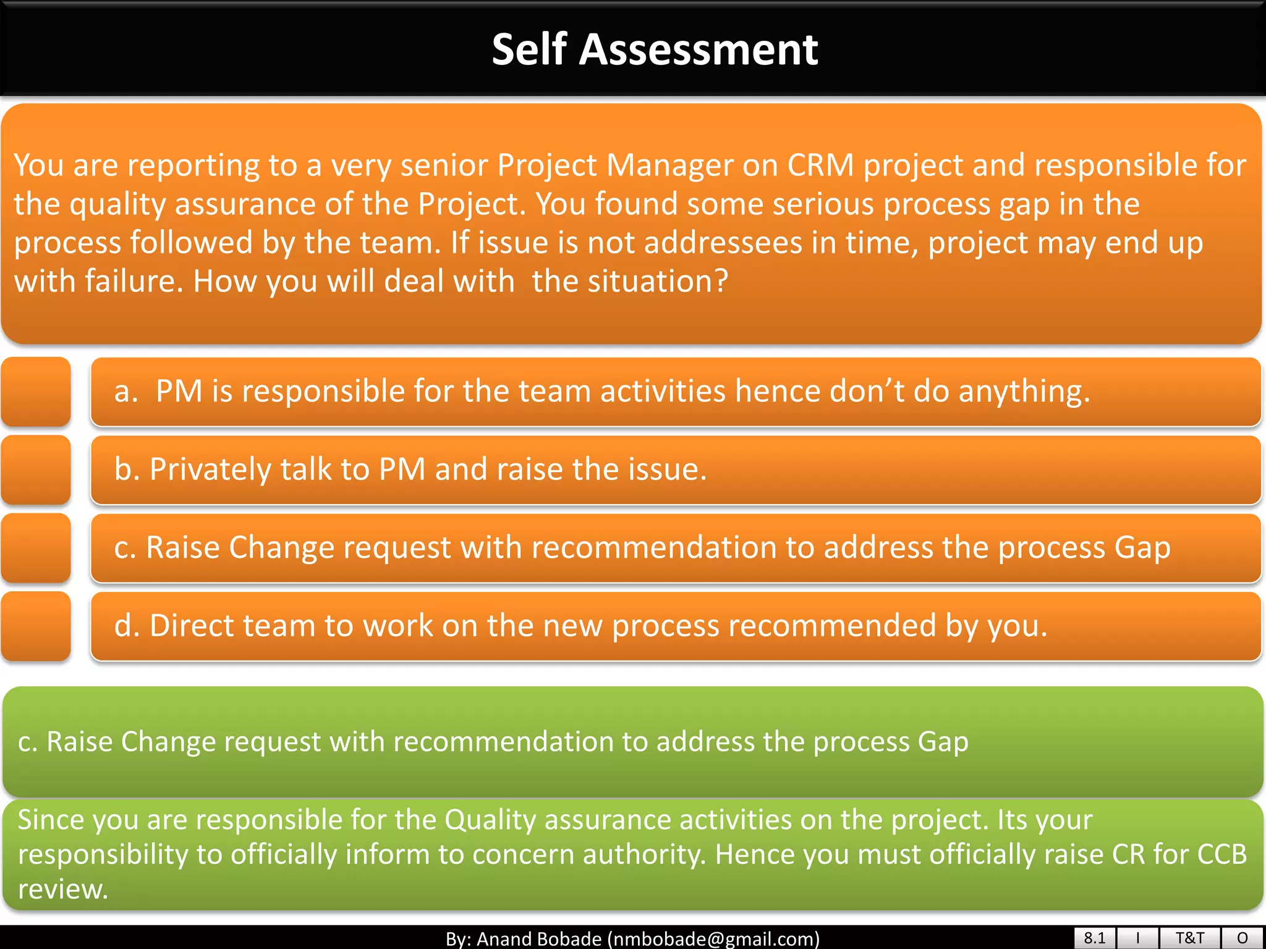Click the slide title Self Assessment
click(654, 49)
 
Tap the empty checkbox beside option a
click(36, 392)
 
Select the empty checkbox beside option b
click(36, 470)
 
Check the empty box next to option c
click(36, 548)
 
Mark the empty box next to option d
click(36, 626)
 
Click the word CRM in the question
click(820, 166)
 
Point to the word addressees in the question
click(723, 243)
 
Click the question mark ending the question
click(721, 282)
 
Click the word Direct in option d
click(193, 625)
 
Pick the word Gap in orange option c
click(1142, 547)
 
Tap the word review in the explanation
click(62, 890)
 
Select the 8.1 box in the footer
click(1094, 938)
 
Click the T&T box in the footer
click(1189, 938)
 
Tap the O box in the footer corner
click(1243, 938)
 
